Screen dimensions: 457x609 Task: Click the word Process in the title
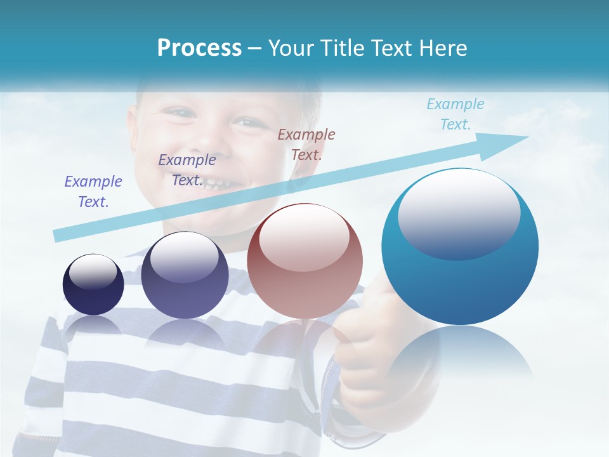pyautogui.click(x=199, y=48)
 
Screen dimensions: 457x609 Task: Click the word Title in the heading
pyautogui.click(x=343, y=48)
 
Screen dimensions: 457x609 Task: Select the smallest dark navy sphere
pyautogui.click(x=93, y=284)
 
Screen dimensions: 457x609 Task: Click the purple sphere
pyautogui.click(x=185, y=275)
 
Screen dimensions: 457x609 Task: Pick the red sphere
pyautogui.click(x=304, y=261)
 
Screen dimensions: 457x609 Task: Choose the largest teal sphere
pyautogui.click(x=460, y=247)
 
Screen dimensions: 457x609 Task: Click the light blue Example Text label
pyautogui.click(x=455, y=114)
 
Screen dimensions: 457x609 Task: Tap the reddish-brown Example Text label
pyautogui.click(x=306, y=144)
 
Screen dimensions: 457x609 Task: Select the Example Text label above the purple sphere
pyautogui.click(x=187, y=169)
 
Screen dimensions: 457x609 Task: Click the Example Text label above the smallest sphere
pyautogui.click(x=93, y=191)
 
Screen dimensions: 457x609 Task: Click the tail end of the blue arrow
pyautogui.click(x=58, y=236)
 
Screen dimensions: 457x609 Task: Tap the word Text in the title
pyautogui.click(x=391, y=48)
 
